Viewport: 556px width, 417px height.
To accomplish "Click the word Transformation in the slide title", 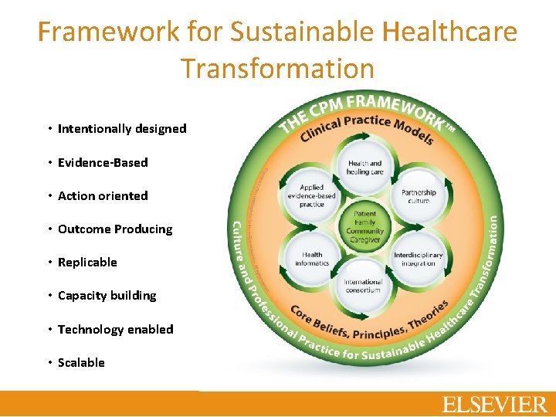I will [277, 68].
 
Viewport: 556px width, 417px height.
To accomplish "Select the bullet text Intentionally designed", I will [122, 129].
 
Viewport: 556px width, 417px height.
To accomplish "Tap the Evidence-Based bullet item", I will [103, 162].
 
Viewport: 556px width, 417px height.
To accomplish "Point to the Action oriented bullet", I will [103, 196].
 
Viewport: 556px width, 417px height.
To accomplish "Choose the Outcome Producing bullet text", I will [115, 229].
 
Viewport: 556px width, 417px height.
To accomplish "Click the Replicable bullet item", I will [87, 263].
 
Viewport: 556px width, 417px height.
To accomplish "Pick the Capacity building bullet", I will [107, 296].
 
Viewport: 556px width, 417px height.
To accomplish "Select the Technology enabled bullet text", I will [115, 330].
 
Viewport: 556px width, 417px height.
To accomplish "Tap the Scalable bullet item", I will [81, 363].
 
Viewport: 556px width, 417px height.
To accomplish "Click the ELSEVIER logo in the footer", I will [494, 404].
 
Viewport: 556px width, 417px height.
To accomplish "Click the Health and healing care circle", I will [364, 168].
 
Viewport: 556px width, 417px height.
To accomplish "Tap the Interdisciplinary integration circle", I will [418, 259].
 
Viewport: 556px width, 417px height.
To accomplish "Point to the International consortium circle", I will [364, 286].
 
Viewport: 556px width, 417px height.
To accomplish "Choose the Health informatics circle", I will [312, 259].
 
